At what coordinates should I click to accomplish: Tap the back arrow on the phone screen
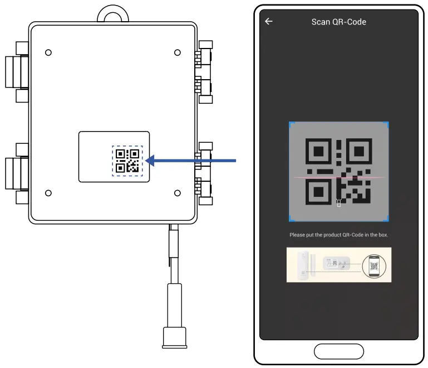tap(269, 22)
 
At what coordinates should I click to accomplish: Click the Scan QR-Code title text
tap(338, 22)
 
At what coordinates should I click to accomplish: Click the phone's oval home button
tap(338, 351)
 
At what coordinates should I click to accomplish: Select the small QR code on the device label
tap(127, 161)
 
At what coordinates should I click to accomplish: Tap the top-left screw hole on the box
tap(48, 52)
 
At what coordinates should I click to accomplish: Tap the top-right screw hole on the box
tap(177, 52)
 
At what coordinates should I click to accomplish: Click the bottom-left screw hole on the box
tap(48, 193)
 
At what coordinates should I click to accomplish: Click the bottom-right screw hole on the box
tap(177, 193)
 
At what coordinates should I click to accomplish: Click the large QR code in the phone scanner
tap(338, 171)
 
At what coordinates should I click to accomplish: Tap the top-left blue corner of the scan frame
tap(291, 124)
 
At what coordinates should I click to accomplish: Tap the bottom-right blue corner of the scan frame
tap(387, 219)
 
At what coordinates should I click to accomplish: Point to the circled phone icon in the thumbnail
tap(373, 265)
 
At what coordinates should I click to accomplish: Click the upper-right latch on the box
tap(205, 71)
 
